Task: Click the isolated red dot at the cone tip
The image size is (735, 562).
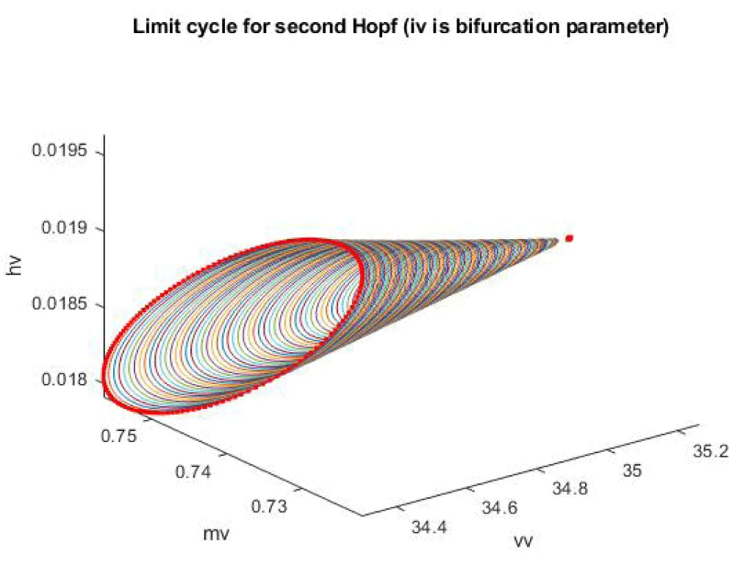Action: (569, 238)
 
